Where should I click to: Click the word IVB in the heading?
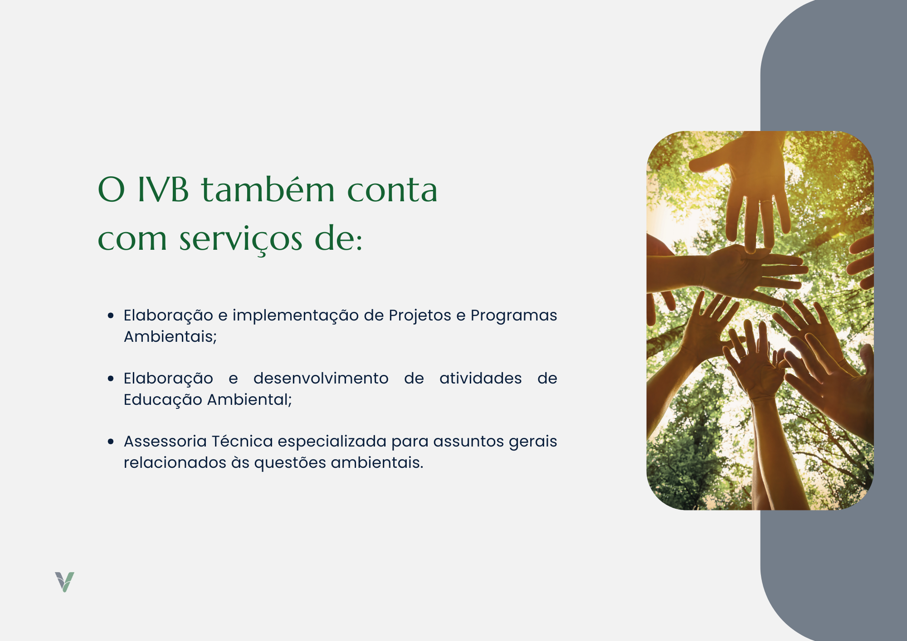coord(163,189)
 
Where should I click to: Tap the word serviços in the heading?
coord(240,240)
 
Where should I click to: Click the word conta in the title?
coord(392,190)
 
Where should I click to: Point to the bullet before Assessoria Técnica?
coord(111,441)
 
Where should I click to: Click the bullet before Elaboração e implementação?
coord(111,315)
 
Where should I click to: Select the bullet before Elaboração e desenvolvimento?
coord(111,378)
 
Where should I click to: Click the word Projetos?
coord(420,316)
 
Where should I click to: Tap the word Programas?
coord(514,316)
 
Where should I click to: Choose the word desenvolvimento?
coord(321,378)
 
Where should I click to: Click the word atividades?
coord(481,378)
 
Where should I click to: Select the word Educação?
coord(163,400)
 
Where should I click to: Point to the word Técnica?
coord(242,441)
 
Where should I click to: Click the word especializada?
coord(332,442)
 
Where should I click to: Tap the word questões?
coord(290,463)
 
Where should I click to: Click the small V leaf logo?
coord(64,582)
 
